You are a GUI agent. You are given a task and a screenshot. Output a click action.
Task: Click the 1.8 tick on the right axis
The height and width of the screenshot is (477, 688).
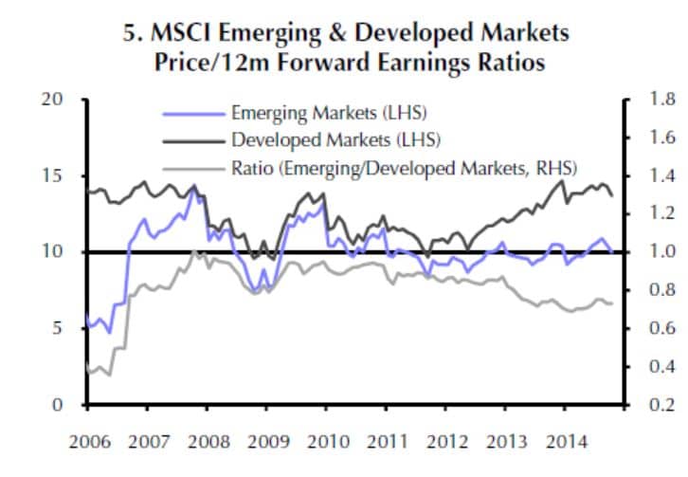pyautogui.click(x=654, y=99)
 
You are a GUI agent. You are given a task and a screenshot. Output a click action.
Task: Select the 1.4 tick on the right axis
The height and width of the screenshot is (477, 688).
pyautogui.click(x=654, y=175)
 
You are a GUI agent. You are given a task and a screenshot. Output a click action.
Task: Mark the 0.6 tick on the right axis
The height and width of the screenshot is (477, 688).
pyautogui.click(x=654, y=328)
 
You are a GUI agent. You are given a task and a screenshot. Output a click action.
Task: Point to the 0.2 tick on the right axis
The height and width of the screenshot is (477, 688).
pyautogui.click(x=654, y=405)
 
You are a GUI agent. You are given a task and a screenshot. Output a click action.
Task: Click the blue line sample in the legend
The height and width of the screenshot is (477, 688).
pyautogui.click(x=194, y=113)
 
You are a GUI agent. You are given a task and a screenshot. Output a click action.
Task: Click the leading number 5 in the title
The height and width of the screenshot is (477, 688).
pyautogui.click(x=129, y=33)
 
